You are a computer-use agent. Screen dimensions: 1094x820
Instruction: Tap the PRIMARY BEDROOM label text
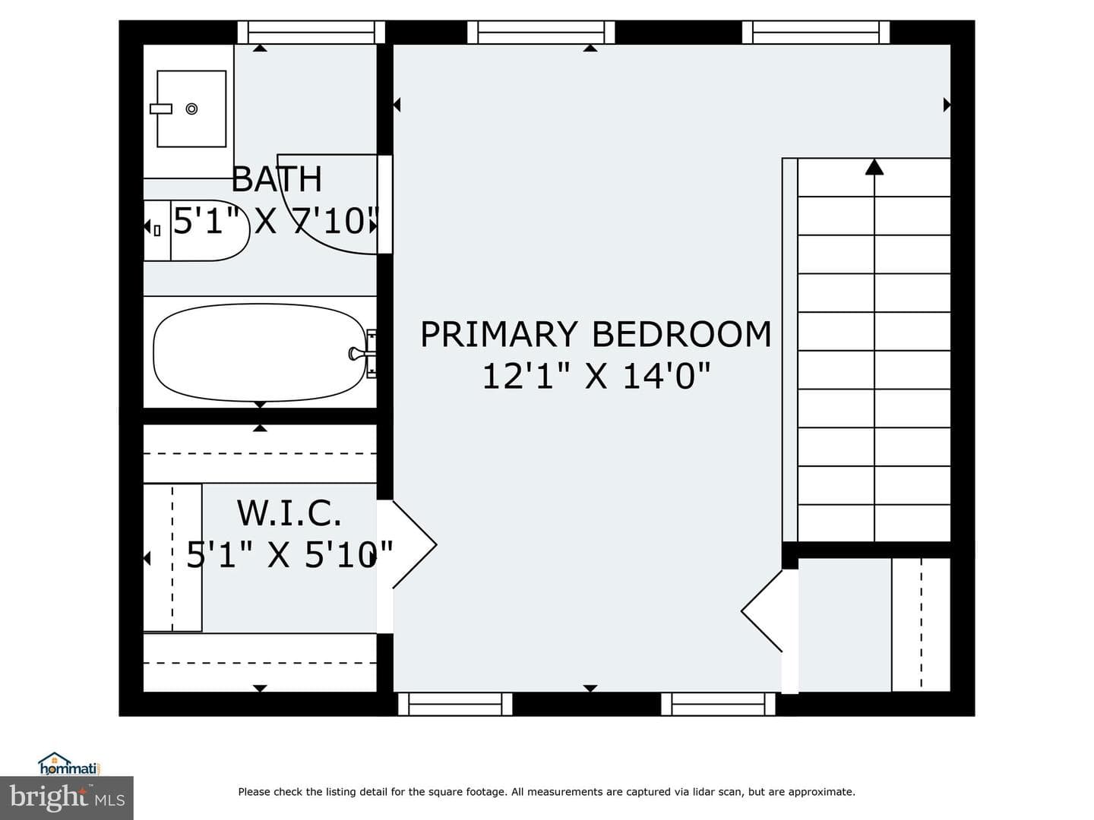tap(596, 334)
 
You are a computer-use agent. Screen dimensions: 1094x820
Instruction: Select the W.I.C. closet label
tap(289, 513)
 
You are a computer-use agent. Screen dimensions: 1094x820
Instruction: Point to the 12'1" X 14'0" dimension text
tap(596, 376)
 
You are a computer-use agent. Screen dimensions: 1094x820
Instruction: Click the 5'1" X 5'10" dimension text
tap(289, 555)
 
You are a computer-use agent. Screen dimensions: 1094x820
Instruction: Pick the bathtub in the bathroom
tap(260, 352)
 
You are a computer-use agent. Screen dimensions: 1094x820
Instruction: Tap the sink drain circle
tap(192, 109)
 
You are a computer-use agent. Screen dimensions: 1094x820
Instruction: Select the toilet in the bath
tap(197, 230)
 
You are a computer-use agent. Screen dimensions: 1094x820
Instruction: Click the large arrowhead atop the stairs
tap(874, 167)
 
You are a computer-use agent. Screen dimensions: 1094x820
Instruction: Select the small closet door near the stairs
tap(761, 611)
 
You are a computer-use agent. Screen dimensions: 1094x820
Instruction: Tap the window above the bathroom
tap(311, 33)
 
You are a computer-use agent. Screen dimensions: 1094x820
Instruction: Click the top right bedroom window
tap(816, 33)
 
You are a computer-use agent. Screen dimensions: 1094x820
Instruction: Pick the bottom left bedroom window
tap(455, 705)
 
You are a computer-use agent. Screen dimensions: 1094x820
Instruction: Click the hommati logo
tap(70, 763)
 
